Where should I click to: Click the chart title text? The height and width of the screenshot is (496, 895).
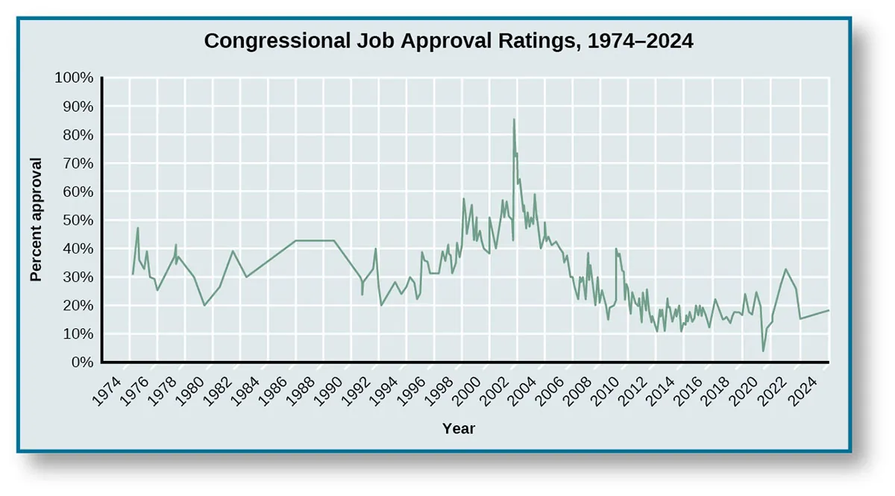point(448,41)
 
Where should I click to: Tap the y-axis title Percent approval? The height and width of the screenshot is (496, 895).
point(35,219)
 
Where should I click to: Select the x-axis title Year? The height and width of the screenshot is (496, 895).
point(458,429)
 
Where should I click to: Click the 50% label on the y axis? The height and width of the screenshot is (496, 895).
point(78,220)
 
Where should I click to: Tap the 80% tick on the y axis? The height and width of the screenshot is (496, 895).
point(78,135)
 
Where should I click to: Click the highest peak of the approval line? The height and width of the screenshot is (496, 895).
point(513,119)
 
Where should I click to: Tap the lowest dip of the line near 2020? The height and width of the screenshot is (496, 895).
point(763,351)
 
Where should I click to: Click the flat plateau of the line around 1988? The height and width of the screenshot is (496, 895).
point(314,240)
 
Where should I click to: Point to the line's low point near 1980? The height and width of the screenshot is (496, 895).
point(204,305)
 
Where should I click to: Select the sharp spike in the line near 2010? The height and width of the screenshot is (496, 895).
point(616,248)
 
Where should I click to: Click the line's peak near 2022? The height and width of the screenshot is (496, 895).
point(785,269)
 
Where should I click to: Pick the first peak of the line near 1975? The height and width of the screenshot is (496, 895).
point(137,227)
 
